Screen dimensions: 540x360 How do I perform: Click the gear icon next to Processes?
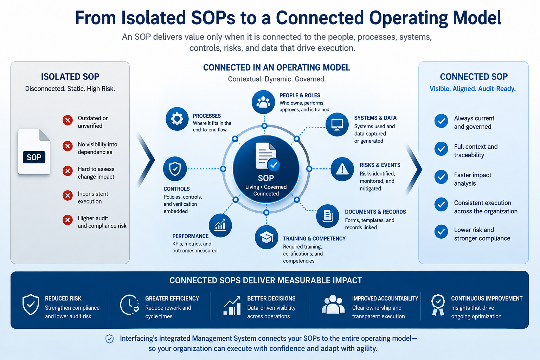pyautogui.click(x=177, y=119)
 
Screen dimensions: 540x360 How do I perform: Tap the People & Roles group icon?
pyautogui.click(x=263, y=102)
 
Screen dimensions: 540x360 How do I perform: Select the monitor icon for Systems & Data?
pyautogui.click(x=337, y=124)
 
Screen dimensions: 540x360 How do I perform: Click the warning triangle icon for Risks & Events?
pyautogui.click(x=342, y=169)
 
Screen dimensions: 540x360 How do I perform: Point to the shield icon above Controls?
pyautogui.click(x=175, y=169)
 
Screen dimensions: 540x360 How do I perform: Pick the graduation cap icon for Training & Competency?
pyautogui.click(x=266, y=237)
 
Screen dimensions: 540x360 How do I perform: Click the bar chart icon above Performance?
pyautogui.click(x=220, y=225)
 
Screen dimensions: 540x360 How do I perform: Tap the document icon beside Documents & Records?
pyautogui.click(x=328, y=216)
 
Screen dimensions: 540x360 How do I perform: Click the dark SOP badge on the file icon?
pyautogui.click(x=34, y=157)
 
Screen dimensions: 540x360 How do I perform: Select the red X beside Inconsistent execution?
pyautogui.click(x=68, y=195)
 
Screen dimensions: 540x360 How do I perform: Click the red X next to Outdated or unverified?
pyautogui.click(x=68, y=120)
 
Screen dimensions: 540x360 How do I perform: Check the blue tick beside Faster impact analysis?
pyautogui.click(x=441, y=177)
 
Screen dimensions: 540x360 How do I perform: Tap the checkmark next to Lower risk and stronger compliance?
pyautogui.click(x=441, y=231)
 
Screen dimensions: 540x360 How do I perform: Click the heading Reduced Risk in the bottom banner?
pyautogui.click(x=63, y=298)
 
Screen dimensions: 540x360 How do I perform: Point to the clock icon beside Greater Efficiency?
pyautogui.click(x=129, y=305)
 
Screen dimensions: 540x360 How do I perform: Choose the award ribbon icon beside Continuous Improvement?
pyautogui.click(x=438, y=305)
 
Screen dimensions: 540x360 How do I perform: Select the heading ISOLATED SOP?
pyautogui.click(x=70, y=77)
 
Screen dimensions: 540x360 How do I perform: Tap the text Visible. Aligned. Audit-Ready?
pyautogui.click(x=472, y=89)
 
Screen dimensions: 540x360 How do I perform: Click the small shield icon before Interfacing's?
pyautogui.click(x=109, y=339)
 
